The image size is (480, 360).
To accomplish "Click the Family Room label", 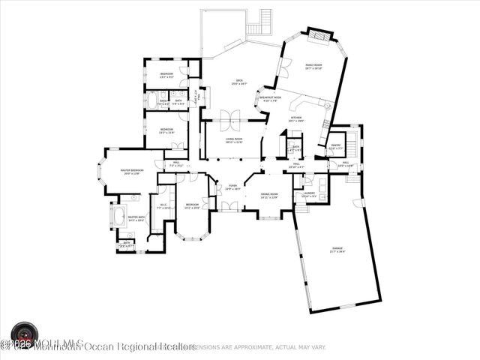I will pos(313,67).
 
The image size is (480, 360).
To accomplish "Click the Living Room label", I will pos(233,140).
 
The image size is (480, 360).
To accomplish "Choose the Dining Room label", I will pos(269,196).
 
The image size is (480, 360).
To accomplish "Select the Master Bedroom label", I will pos(131,172).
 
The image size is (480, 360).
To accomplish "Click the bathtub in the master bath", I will pos(118,220).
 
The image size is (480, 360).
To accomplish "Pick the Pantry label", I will pos(335,146).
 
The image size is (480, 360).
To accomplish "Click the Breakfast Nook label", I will pos(270,99).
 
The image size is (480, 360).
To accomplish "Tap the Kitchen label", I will pos(296,118).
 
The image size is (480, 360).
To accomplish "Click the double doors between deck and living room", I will pos(232,117).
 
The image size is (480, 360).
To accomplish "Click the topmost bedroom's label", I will pos(166,74).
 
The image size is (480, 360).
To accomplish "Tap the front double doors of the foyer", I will pos(226,206).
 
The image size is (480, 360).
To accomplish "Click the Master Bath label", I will pos(136,219).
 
